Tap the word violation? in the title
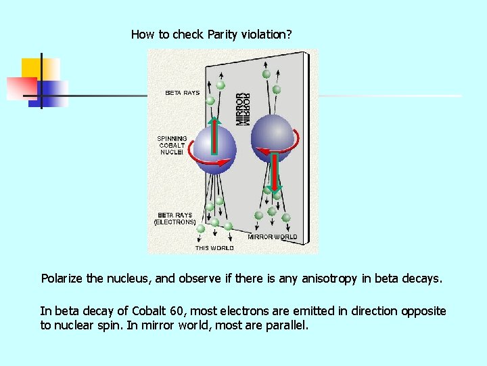[x=268, y=34]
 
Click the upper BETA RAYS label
[x=183, y=93]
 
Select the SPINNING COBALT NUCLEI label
[x=172, y=145]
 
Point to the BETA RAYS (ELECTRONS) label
[x=175, y=218]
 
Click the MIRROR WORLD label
[x=272, y=237]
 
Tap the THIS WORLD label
[x=214, y=248]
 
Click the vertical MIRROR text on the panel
[x=242, y=108]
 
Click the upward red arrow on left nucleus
[x=214, y=139]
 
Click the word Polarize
[x=62, y=279]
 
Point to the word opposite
[x=423, y=311]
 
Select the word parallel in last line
[x=287, y=325]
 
